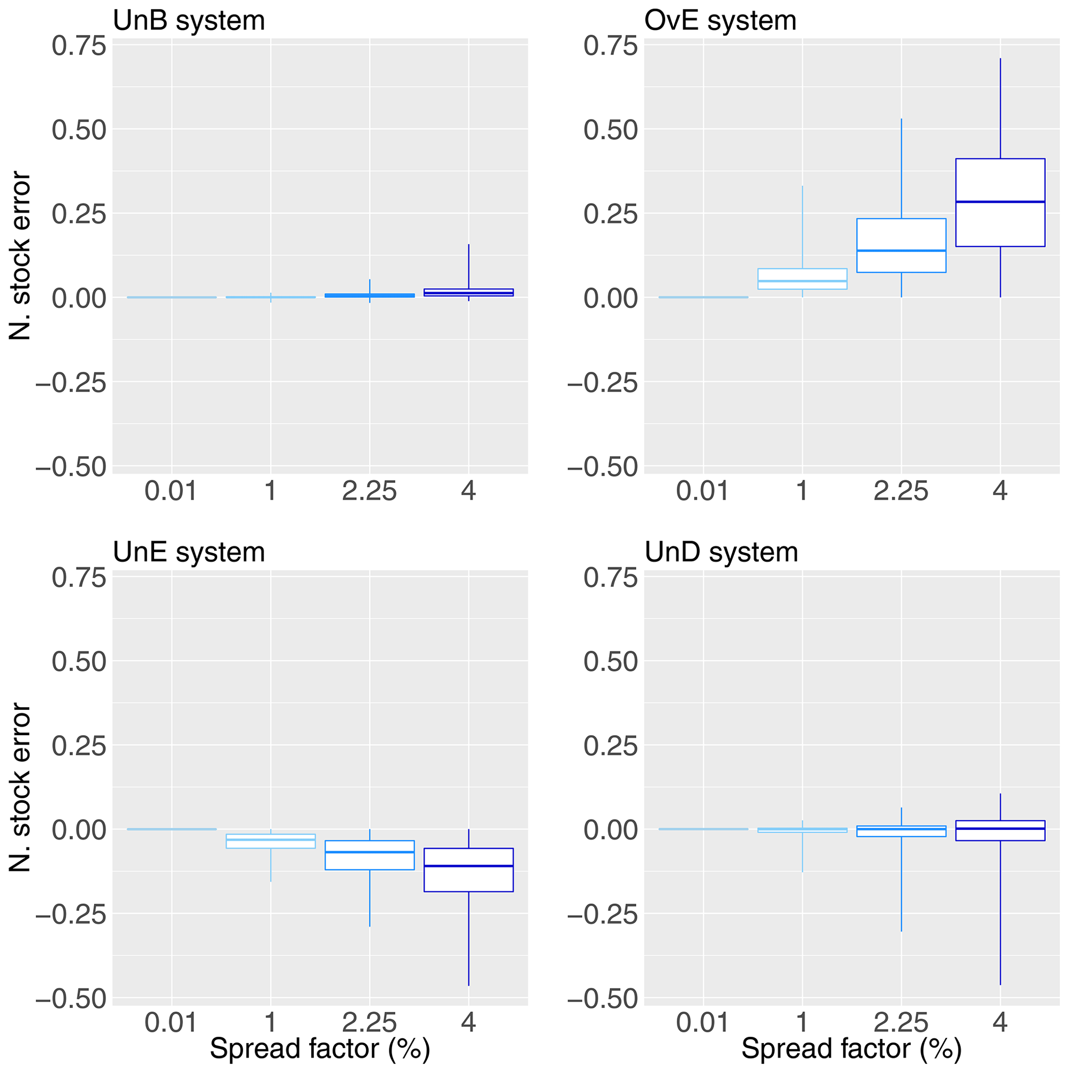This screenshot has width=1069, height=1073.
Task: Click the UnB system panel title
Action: (189, 21)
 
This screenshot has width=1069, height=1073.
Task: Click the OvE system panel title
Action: (720, 21)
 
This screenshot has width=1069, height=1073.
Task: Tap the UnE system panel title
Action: (189, 553)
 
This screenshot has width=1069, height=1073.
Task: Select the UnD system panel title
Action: (721, 553)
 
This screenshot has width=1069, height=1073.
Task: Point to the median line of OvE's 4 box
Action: (1000, 202)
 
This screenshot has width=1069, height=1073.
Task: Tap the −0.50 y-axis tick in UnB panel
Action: (71, 467)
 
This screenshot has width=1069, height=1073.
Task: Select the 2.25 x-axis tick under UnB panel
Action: (370, 491)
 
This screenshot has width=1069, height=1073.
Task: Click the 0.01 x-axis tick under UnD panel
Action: (702, 1022)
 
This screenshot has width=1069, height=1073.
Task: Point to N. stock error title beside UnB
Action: (21, 256)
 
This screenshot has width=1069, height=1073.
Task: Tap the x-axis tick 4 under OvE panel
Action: (1000, 491)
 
